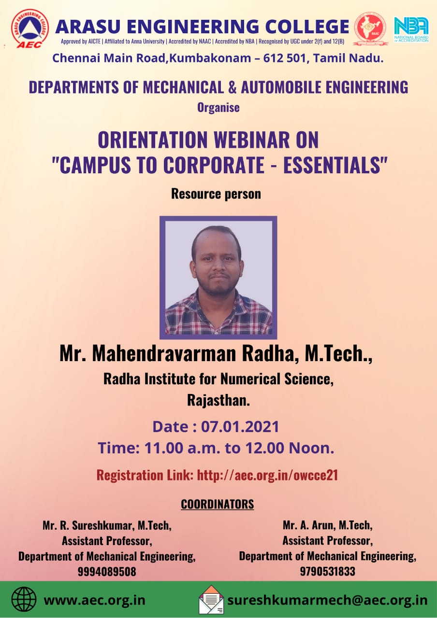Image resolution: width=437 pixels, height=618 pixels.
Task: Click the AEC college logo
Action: (30, 28)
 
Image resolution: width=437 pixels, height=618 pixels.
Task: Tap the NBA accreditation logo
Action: (411, 29)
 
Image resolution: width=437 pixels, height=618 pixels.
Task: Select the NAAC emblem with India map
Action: (371, 29)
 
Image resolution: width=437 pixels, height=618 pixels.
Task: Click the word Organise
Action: (218, 108)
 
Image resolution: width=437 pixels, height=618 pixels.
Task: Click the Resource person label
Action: (216, 194)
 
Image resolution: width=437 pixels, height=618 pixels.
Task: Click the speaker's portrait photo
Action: (218, 277)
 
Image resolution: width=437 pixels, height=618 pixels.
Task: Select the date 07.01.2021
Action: (240, 426)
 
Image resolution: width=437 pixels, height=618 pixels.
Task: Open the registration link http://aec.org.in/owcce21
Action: (267, 475)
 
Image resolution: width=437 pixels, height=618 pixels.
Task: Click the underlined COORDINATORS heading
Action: (218, 505)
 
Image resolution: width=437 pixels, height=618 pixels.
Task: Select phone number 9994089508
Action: (107, 571)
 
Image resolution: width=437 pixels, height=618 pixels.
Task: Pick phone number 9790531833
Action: (328, 571)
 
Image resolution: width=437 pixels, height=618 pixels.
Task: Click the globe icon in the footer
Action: (24, 599)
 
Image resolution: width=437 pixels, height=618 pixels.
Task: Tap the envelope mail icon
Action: (212, 599)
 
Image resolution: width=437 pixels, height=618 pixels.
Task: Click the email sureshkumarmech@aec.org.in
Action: (327, 600)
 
